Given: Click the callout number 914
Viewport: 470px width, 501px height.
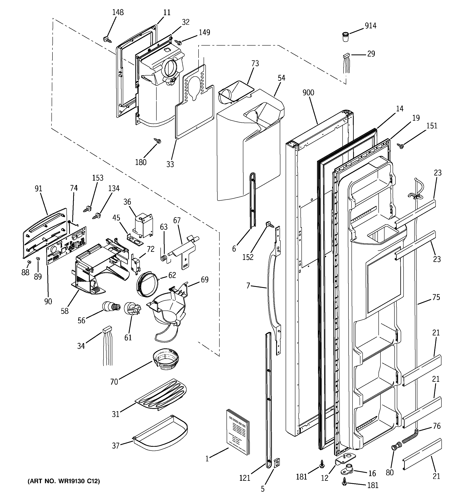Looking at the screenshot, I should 370,26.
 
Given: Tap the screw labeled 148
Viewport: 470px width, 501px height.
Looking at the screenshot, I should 107,39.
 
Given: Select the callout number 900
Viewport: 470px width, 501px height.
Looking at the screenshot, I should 308,93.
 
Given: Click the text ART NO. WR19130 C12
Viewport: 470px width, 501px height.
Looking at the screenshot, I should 64,481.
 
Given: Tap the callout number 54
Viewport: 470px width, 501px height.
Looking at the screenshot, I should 281,78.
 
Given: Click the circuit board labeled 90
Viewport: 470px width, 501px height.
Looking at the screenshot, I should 66,246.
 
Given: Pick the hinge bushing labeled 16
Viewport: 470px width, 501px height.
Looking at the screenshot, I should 348,468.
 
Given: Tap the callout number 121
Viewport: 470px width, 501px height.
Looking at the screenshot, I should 245,478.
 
